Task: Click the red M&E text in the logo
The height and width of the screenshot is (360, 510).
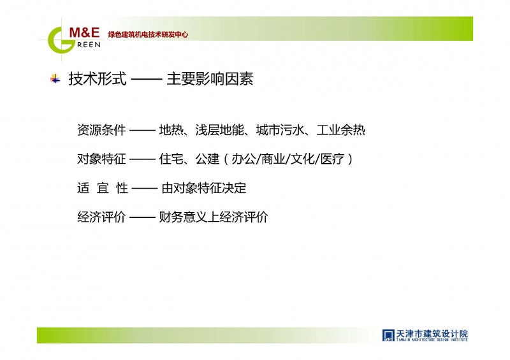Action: click(x=84, y=32)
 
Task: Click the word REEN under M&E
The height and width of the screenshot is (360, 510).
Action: click(x=89, y=45)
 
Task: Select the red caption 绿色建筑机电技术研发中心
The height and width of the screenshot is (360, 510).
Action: click(x=148, y=34)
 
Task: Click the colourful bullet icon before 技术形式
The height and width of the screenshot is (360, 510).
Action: click(x=55, y=79)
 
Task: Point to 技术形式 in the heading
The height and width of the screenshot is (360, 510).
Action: click(x=98, y=79)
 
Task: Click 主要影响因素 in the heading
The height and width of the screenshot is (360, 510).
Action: click(x=210, y=79)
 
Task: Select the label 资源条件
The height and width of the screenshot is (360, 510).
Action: click(x=101, y=130)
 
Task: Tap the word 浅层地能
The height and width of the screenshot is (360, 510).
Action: click(x=219, y=130)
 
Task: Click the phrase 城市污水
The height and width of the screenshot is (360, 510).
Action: click(x=280, y=130)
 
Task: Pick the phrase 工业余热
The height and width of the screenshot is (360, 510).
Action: click(x=341, y=130)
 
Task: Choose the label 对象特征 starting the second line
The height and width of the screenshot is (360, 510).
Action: click(x=101, y=159)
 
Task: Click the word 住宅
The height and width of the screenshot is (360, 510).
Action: click(x=171, y=159)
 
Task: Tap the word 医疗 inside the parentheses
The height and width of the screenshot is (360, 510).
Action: click(x=332, y=159)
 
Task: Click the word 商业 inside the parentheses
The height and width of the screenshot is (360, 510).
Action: click(x=273, y=159)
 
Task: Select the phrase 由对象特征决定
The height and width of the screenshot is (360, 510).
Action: click(x=204, y=188)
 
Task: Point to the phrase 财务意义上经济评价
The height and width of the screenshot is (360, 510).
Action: click(x=214, y=217)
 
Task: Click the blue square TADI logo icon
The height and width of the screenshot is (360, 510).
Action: click(x=388, y=335)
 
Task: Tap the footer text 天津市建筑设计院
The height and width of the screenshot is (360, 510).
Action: click(x=432, y=334)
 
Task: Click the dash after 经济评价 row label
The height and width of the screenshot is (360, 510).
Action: click(x=142, y=217)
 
